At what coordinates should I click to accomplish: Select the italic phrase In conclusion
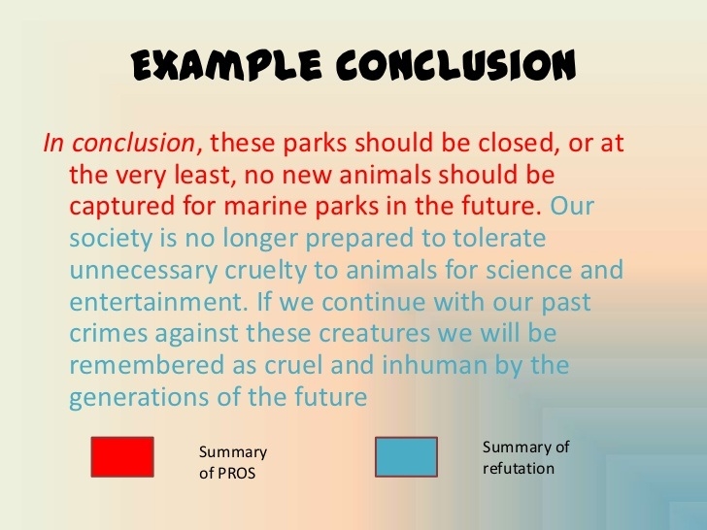(x=118, y=143)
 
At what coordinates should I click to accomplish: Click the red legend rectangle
(x=121, y=457)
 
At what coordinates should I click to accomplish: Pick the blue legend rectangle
(x=406, y=457)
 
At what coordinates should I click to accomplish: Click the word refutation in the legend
(x=518, y=468)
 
